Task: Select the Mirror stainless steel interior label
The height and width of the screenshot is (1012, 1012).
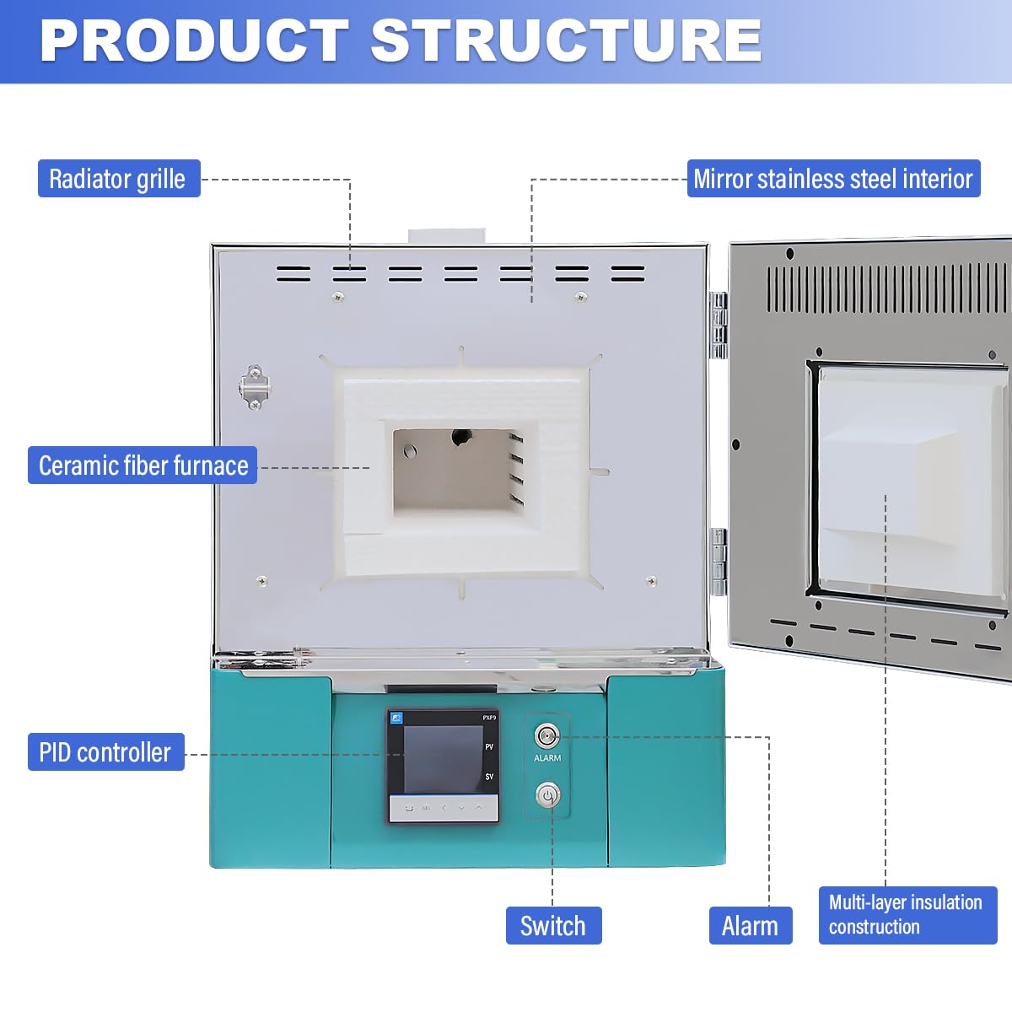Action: (x=833, y=179)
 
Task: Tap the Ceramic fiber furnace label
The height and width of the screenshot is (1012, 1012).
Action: (x=143, y=466)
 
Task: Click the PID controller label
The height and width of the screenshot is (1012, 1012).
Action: (x=105, y=752)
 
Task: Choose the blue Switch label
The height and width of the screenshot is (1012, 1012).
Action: (x=553, y=926)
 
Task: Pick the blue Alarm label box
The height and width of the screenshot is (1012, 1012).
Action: (x=750, y=926)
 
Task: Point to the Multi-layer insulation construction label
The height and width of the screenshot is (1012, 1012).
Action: (x=907, y=915)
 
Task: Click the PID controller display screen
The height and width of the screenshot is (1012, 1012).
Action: (x=442, y=759)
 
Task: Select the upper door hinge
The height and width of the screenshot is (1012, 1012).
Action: (x=719, y=325)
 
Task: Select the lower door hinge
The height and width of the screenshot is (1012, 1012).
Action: (x=719, y=561)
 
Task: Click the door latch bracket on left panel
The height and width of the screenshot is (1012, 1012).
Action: (x=255, y=387)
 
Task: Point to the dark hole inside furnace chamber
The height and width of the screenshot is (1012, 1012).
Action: (x=461, y=437)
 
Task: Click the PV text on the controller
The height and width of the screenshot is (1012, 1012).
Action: (x=489, y=747)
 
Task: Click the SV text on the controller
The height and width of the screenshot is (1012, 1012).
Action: (x=489, y=777)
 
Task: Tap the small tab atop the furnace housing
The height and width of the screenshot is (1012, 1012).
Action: (x=447, y=236)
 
